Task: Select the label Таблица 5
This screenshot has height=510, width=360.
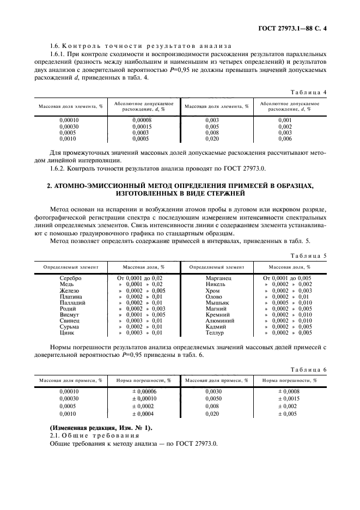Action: click(x=309, y=255)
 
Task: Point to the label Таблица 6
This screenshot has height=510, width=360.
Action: click(x=309, y=370)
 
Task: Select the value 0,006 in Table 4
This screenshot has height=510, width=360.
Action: click(x=285, y=138)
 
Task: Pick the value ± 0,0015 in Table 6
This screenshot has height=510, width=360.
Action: click(x=289, y=398)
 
